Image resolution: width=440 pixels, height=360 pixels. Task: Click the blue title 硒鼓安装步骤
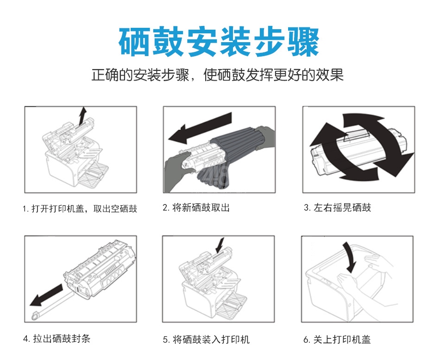coord(219,42)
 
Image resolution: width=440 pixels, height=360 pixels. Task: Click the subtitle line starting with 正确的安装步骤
coord(218,75)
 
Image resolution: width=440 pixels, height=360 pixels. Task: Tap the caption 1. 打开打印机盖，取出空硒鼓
coord(80,208)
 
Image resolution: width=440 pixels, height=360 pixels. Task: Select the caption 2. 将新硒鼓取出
coord(196,208)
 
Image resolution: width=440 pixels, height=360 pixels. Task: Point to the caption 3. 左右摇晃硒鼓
coord(337,208)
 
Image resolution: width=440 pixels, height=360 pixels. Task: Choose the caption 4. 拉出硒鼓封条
coord(57,339)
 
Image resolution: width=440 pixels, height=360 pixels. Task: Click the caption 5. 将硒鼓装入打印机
coord(206,340)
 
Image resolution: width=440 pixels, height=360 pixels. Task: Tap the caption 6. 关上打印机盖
coord(337,340)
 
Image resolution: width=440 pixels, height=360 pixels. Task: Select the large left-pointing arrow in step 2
coord(200,127)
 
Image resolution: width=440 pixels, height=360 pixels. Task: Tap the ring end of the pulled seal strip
coord(35,316)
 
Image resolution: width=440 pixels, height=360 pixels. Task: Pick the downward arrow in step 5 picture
coord(220,245)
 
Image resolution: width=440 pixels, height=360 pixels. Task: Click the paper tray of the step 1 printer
coord(94,174)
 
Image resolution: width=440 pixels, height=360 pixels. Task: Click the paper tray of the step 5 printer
coord(232,305)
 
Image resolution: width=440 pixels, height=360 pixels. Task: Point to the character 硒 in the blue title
coord(135,42)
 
